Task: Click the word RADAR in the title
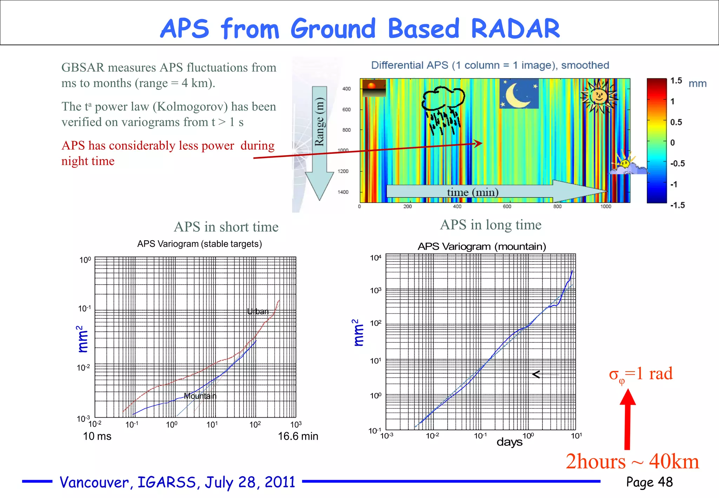pyautogui.click(x=515, y=28)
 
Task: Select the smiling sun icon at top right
pyautogui.click(x=599, y=96)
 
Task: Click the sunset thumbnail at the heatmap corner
pyautogui.click(x=374, y=88)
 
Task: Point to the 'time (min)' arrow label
pyautogui.click(x=473, y=192)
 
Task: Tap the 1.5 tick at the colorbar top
pyautogui.click(x=676, y=81)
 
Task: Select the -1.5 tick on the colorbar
pyautogui.click(x=677, y=205)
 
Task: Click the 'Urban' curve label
pyautogui.click(x=258, y=312)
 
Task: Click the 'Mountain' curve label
pyautogui.click(x=200, y=396)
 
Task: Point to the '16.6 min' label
pyautogui.click(x=298, y=436)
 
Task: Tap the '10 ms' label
pyautogui.click(x=97, y=436)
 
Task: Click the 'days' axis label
pyautogui.click(x=509, y=442)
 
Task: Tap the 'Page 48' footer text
pyautogui.click(x=649, y=482)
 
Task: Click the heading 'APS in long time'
pyautogui.click(x=490, y=225)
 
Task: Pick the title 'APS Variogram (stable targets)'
pyautogui.click(x=199, y=244)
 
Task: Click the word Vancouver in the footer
pyautogui.click(x=96, y=482)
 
